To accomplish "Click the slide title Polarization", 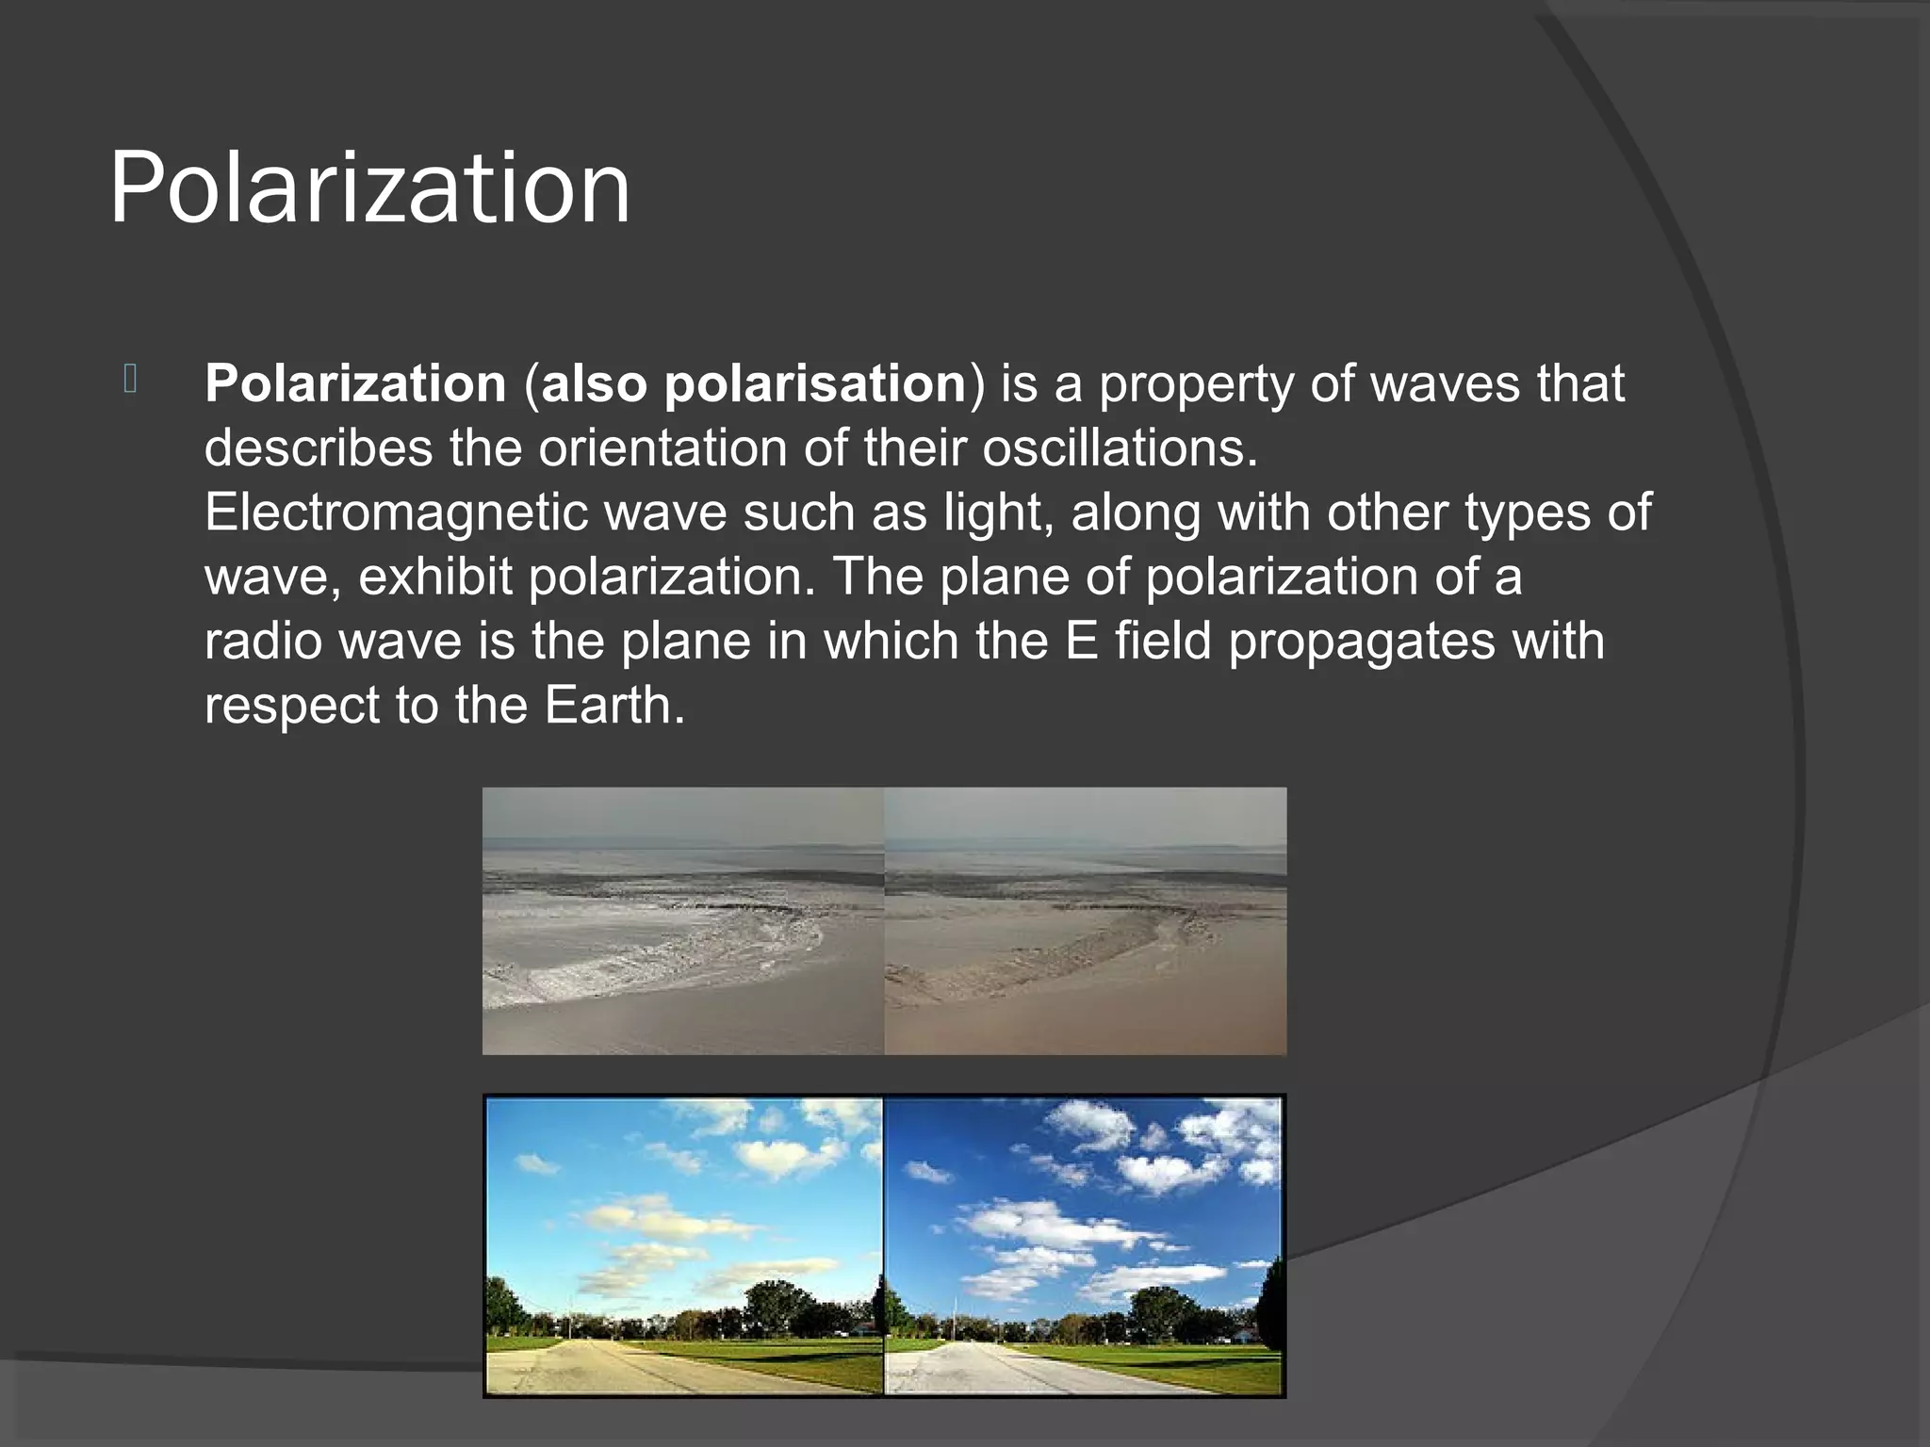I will click(369, 188).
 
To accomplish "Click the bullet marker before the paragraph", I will click(131, 379).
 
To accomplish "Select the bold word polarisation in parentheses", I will click(814, 384).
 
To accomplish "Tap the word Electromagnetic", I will click(395, 512).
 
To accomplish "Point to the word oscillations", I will click(1119, 447).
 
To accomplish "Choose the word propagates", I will click(1361, 641).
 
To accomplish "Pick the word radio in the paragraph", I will click(263, 641).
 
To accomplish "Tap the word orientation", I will click(662, 447).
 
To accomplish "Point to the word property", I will click(1196, 384).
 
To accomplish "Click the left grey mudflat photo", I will click(682, 920).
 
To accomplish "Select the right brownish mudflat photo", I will click(1085, 920).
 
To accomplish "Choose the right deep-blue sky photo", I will click(1084, 1215).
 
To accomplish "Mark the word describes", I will click(318, 447).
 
